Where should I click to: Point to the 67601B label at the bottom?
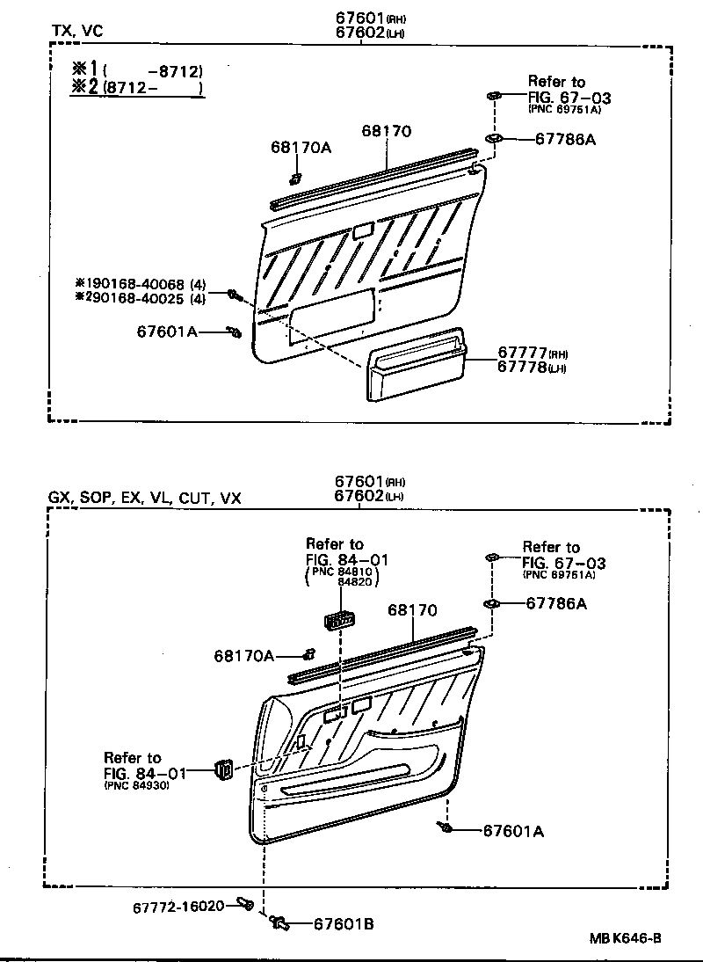(x=344, y=923)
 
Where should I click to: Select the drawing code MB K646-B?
(x=625, y=938)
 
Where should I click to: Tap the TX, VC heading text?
(x=76, y=31)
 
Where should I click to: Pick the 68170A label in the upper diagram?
(x=301, y=148)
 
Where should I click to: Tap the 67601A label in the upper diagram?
(x=167, y=332)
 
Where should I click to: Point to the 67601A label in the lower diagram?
(x=513, y=831)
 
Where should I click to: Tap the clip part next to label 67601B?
(x=279, y=922)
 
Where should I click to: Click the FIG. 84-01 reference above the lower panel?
(x=347, y=559)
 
